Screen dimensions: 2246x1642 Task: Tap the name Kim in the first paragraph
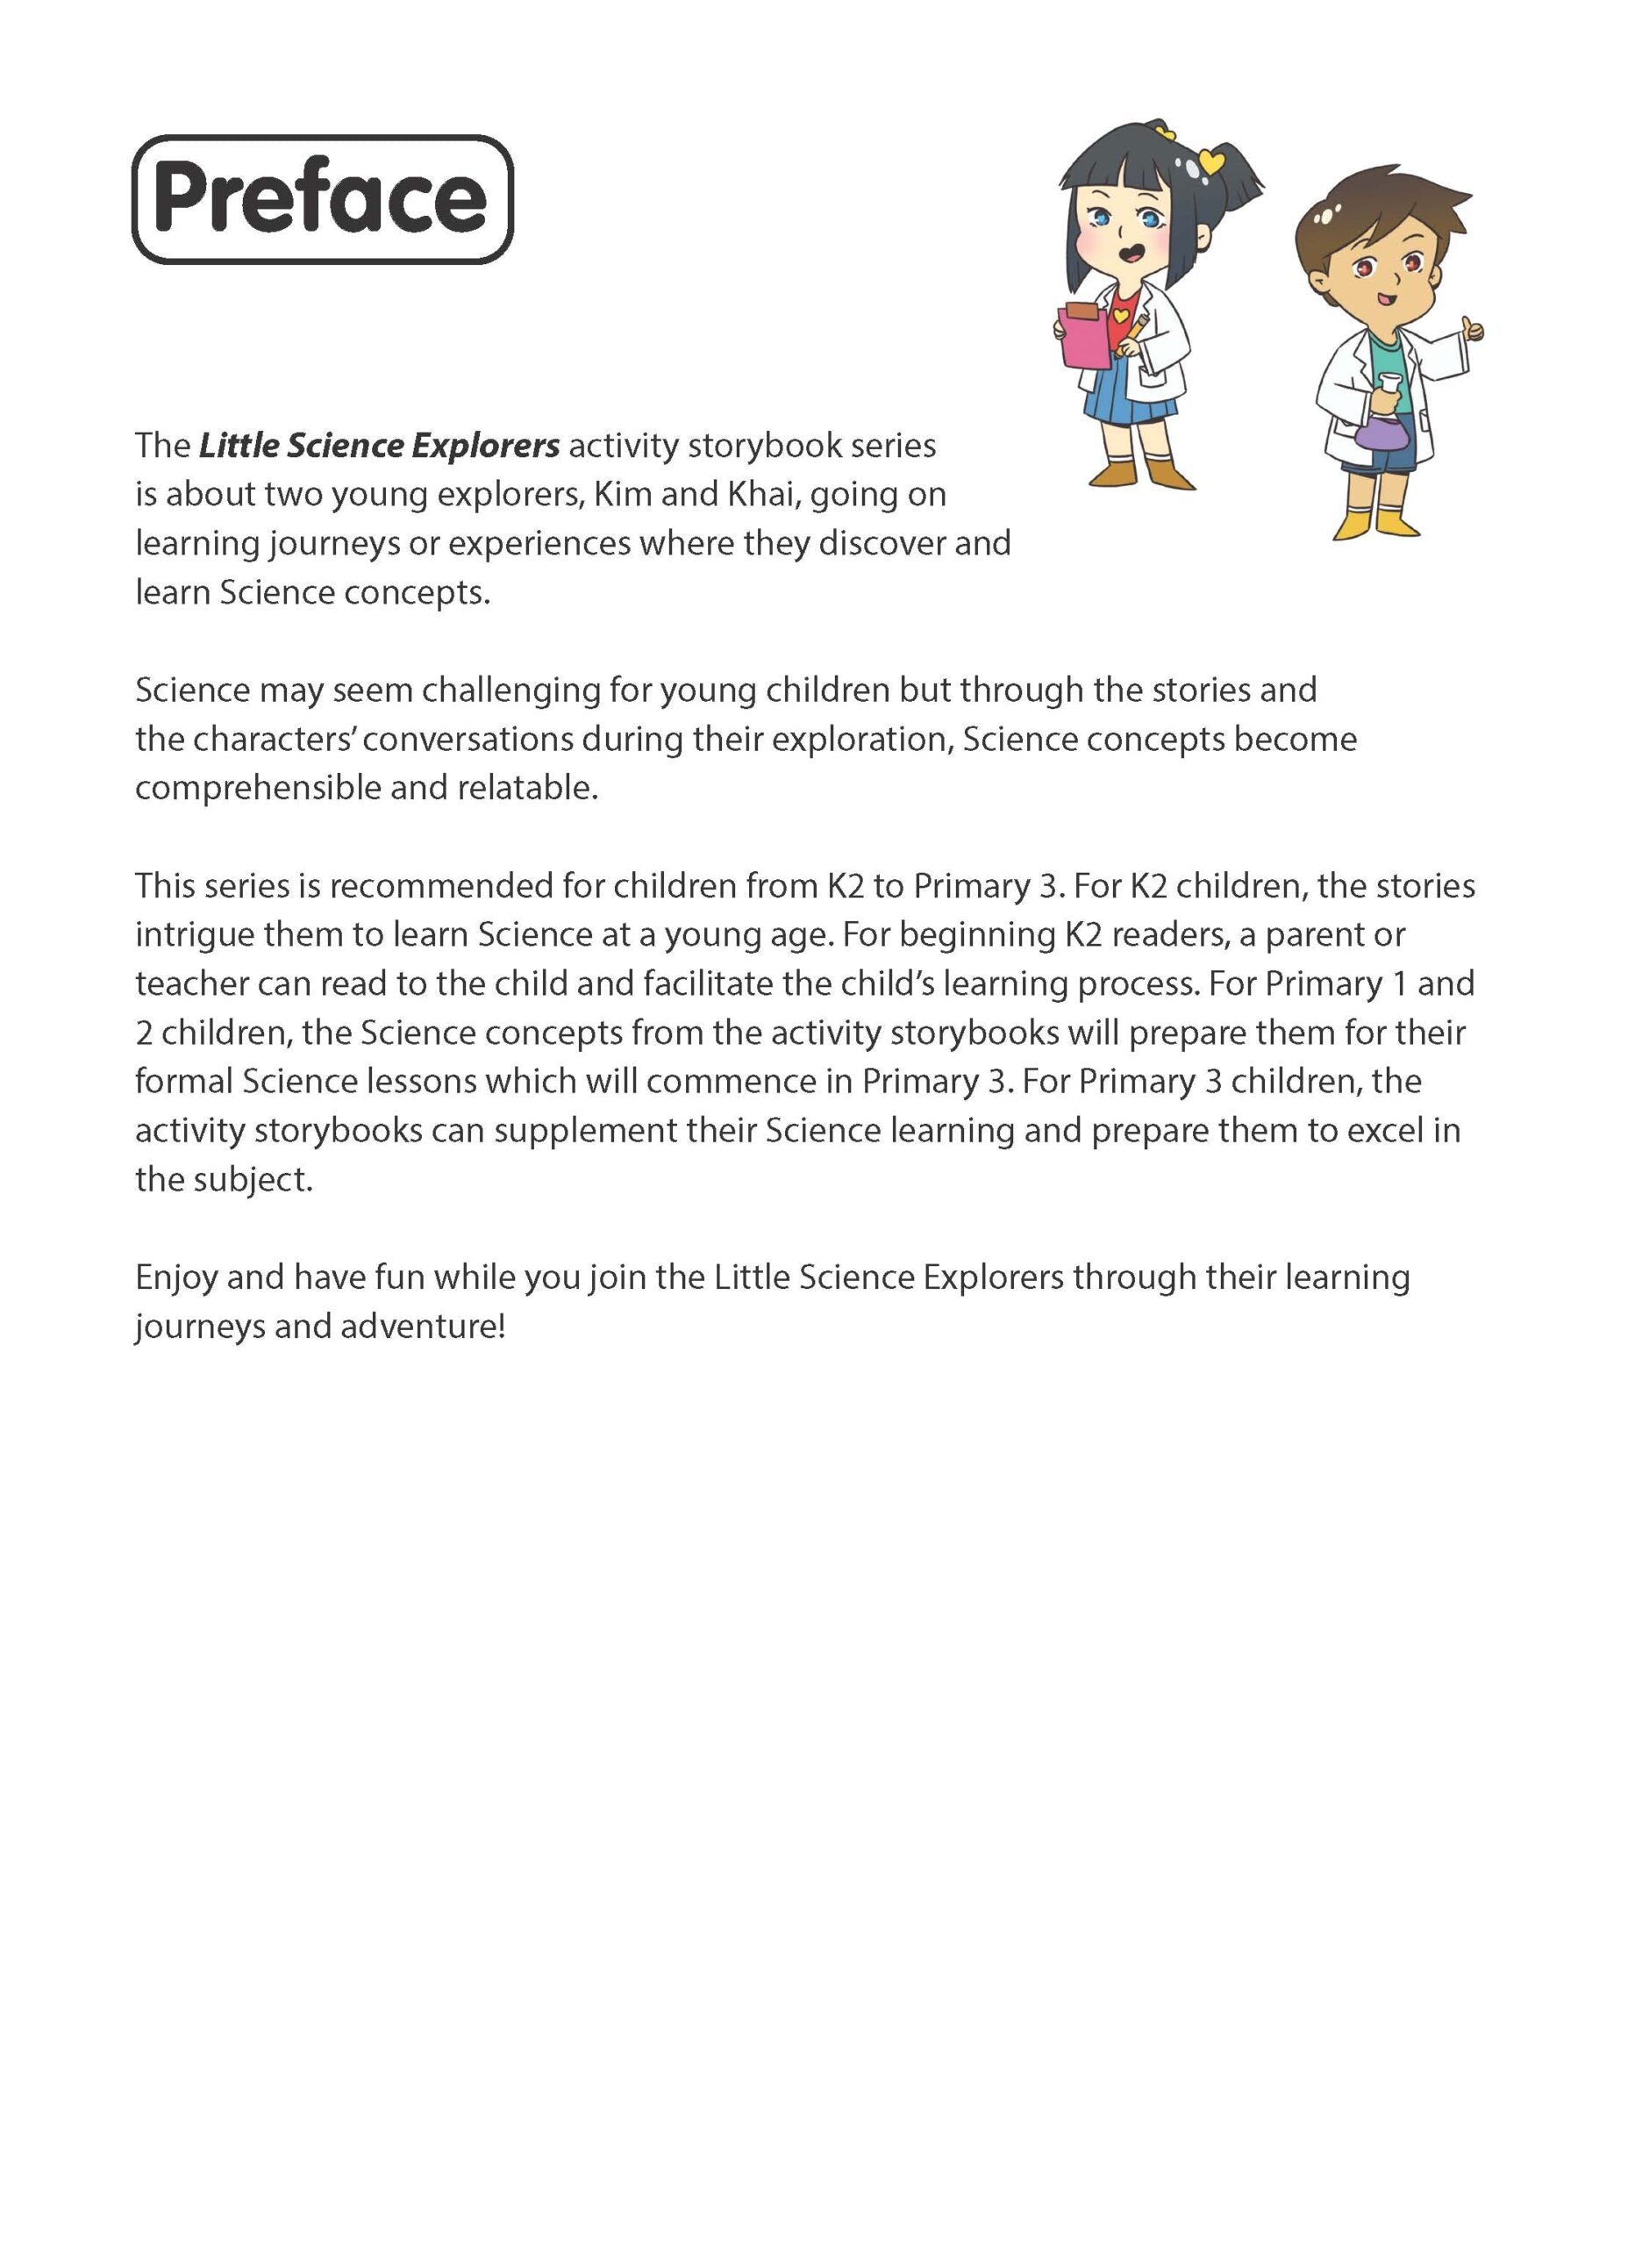(622, 494)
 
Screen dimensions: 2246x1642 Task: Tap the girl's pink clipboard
(1085, 337)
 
